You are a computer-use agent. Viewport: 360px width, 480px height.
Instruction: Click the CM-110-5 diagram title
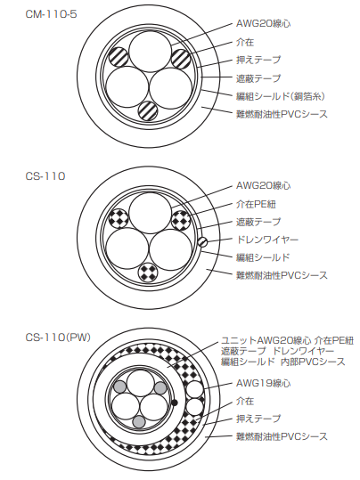pyautogui.click(x=51, y=14)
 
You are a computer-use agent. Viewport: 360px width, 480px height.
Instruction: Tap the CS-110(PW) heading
pyautogui.click(x=58, y=338)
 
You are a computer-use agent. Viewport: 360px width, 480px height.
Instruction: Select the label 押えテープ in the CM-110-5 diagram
pyautogui.click(x=258, y=60)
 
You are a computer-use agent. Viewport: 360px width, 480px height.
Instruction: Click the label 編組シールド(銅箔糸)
pyautogui.click(x=281, y=96)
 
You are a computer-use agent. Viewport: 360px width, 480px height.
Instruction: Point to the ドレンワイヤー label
pyautogui.click(x=266, y=240)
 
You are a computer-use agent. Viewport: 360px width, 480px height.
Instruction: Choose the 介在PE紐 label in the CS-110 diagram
pyautogui.click(x=256, y=204)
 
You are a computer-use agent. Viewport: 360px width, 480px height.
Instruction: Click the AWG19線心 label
pyautogui.click(x=263, y=383)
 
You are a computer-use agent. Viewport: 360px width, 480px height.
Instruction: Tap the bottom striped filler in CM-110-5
pyautogui.click(x=148, y=110)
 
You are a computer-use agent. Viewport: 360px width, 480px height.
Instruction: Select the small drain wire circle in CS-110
pyautogui.click(x=202, y=242)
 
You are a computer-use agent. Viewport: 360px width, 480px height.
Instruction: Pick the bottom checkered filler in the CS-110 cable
pyautogui.click(x=148, y=272)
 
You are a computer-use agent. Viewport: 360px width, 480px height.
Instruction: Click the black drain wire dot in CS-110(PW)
pyautogui.click(x=175, y=403)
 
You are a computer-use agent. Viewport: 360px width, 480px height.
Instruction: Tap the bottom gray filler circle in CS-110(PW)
pyautogui.click(x=139, y=422)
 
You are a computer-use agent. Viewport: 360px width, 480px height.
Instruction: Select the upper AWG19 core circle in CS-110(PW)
pyautogui.click(x=195, y=390)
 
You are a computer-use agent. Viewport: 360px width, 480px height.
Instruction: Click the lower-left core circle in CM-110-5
pyautogui.click(x=127, y=87)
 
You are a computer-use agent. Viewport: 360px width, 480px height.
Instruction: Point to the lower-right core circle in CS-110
pyautogui.click(x=171, y=249)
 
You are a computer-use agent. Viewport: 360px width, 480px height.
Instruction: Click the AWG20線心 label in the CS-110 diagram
pyautogui.click(x=263, y=185)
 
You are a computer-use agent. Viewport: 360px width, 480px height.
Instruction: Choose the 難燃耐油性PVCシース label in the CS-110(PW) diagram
pyautogui.click(x=282, y=436)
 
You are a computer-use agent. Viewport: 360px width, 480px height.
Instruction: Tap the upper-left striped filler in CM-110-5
pyautogui.click(x=119, y=57)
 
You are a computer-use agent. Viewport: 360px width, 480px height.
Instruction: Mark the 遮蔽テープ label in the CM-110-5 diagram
pyautogui.click(x=258, y=78)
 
